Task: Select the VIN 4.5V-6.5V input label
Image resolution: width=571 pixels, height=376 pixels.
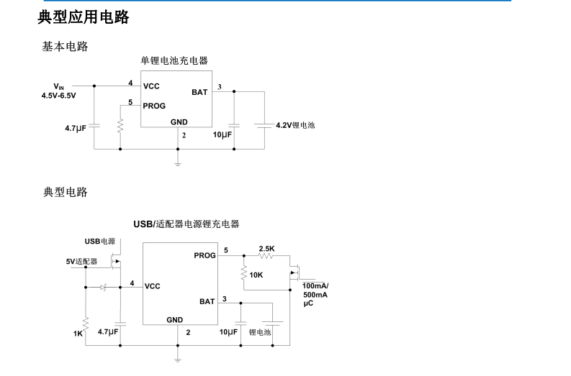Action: tap(58, 90)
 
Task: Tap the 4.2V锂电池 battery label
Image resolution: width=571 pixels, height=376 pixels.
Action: tap(295, 125)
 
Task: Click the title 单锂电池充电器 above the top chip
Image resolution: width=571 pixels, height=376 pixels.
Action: tap(174, 61)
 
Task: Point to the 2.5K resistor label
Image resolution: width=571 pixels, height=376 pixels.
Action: tap(266, 249)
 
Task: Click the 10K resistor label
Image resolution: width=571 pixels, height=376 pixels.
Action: tap(256, 275)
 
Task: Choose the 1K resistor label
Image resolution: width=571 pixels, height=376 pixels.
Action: tap(78, 334)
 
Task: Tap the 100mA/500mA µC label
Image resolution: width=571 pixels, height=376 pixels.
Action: tap(315, 295)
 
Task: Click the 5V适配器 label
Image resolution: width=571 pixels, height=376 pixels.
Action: tap(81, 261)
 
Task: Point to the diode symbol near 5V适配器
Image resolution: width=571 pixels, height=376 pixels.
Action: tap(103, 287)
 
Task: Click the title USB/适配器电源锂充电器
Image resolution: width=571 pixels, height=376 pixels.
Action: tap(186, 224)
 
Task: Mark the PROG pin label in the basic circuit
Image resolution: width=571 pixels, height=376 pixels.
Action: tap(154, 106)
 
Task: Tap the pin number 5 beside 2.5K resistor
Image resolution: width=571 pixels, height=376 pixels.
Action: tap(226, 250)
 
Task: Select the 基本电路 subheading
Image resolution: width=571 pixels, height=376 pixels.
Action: tap(65, 46)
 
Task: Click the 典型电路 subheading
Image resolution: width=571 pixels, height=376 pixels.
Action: tap(65, 192)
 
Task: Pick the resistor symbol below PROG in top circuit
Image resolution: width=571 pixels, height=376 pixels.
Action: tap(120, 125)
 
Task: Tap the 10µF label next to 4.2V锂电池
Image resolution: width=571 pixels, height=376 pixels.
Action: tap(222, 134)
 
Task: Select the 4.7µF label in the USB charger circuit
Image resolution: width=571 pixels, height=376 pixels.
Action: tap(107, 332)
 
